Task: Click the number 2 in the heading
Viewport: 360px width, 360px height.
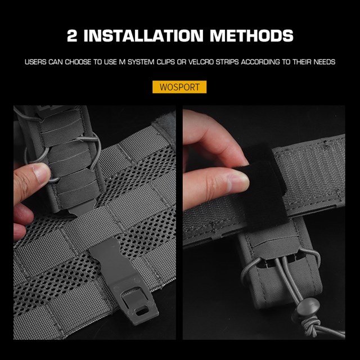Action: point(72,36)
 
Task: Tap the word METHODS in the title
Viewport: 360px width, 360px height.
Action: point(251,36)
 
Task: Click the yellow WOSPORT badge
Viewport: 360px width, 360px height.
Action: point(179,87)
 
